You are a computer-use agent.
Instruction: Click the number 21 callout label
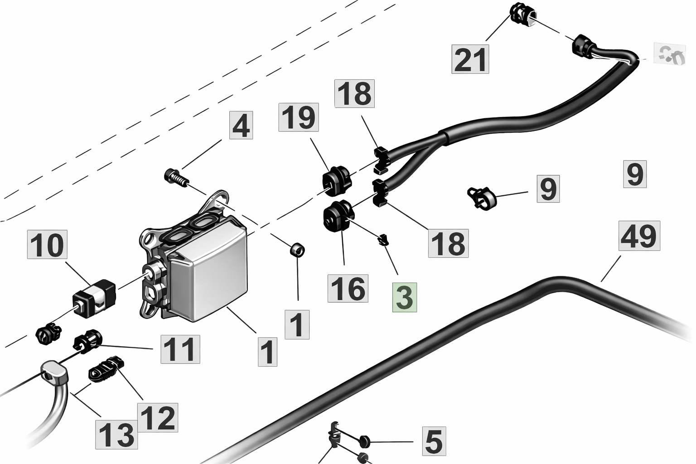point(470,59)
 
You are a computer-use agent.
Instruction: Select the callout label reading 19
point(299,117)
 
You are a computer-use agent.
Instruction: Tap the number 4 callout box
point(240,126)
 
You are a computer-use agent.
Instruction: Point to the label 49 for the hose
point(639,236)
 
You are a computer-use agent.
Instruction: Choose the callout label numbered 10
point(48,245)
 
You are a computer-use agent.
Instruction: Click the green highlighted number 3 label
point(404,298)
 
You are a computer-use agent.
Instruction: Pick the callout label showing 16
point(348,288)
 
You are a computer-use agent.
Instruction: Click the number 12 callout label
point(158,417)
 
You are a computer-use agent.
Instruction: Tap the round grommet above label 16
point(338,216)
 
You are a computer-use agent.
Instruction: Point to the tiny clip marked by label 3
point(383,240)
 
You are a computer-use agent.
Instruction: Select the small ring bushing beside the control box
point(297,250)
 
